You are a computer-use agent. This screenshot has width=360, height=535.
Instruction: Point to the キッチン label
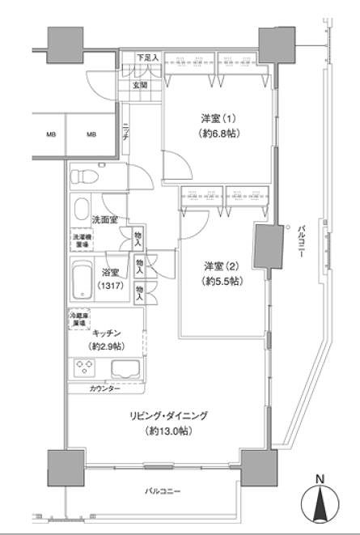pos(108,333)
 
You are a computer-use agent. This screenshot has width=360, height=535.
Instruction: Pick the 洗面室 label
pos(104,219)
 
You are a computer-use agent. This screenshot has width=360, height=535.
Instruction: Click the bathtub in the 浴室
pos(82,280)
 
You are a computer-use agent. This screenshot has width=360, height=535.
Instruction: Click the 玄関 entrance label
pos(139,85)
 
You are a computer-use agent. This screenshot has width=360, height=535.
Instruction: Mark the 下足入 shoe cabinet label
pos(146,58)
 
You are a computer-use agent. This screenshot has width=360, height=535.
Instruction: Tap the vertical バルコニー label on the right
pos(301,243)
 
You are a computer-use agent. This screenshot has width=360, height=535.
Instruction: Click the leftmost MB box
pos(51,134)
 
